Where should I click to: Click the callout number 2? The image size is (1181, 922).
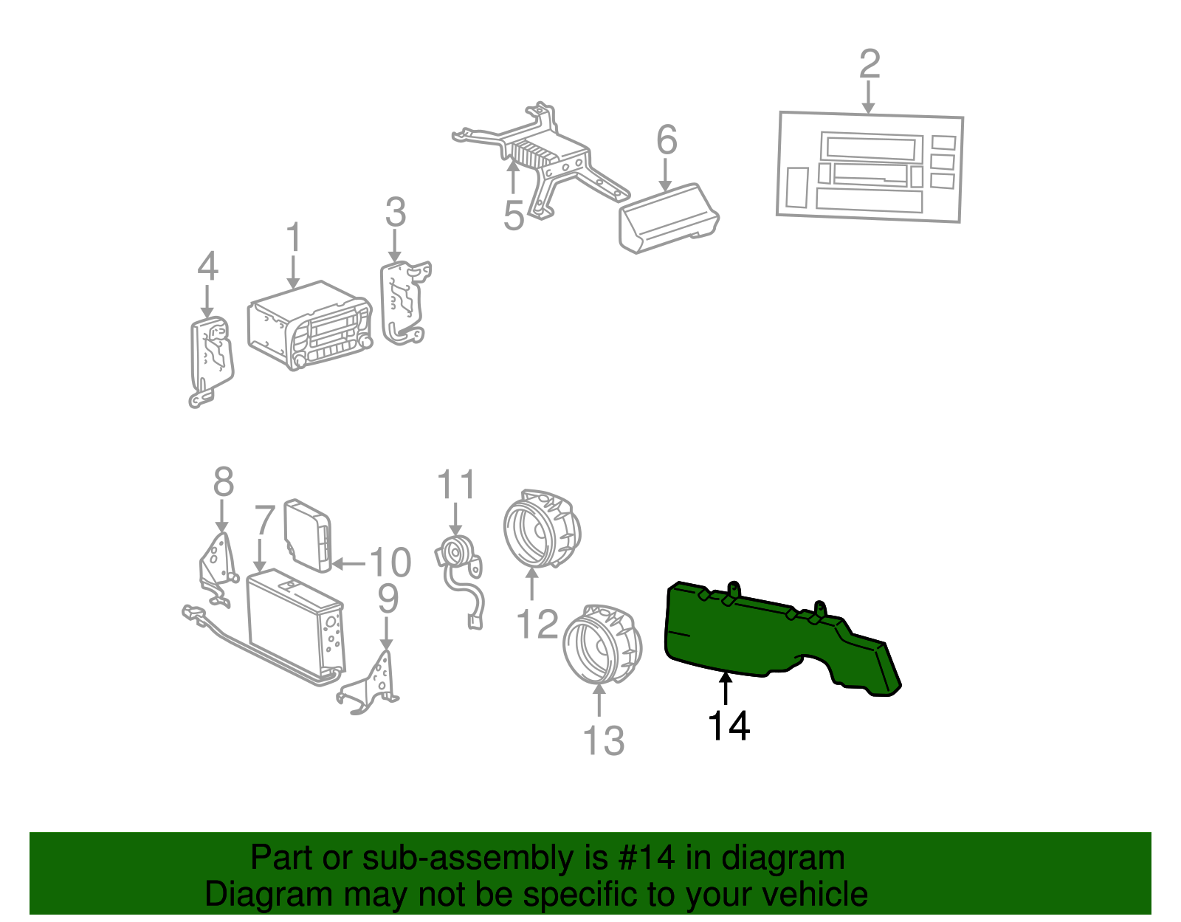pos(869,64)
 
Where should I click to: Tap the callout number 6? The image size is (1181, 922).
pos(667,140)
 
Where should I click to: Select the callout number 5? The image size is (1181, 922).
pos(514,216)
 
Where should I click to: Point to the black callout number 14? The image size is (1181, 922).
pos(729,726)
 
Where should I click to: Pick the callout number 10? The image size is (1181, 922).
pos(390,563)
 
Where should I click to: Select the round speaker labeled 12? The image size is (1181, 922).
pos(542,529)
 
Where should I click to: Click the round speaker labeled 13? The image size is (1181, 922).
pos(602,644)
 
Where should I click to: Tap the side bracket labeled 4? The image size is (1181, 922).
pos(211,361)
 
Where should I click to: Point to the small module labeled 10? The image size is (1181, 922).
pos(308,535)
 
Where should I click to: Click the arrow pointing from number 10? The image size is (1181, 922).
pos(348,564)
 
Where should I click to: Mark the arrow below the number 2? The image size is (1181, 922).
pos(869,97)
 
